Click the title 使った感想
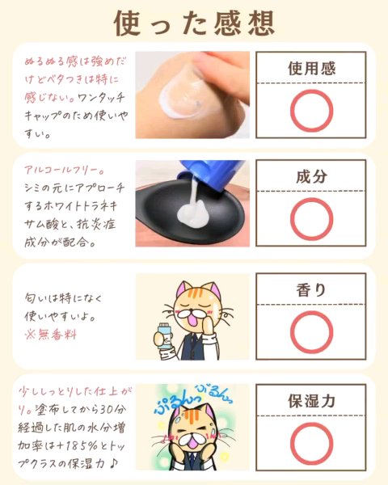[194, 23]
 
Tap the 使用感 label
[311, 69]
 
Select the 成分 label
[311, 176]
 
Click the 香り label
[311, 290]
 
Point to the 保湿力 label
[311, 401]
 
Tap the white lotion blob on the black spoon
[192, 213]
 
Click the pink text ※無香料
[51, 335]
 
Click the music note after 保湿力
[113, 463]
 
